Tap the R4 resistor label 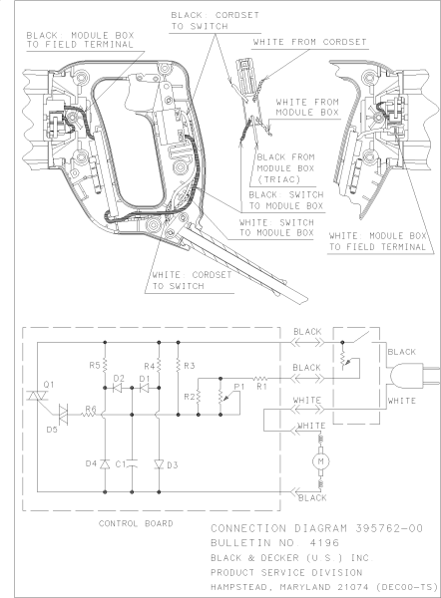148,366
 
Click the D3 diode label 173,463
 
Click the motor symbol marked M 321,462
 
